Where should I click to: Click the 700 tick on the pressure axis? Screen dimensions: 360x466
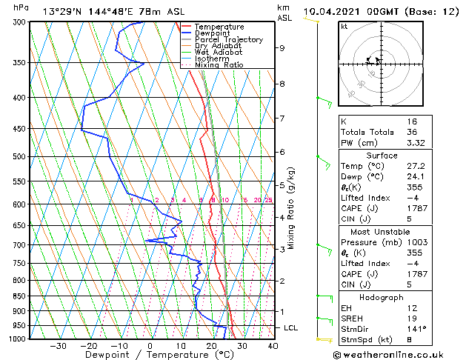pyautogui.click(x=21, y=244)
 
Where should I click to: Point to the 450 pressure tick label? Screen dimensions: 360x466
pyautogui.click(x=21, y=129)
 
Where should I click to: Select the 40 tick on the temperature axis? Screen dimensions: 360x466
pyautogui.click(x=273, y=345)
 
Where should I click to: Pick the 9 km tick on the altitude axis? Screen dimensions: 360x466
pyautogui.click(x=282, y=47)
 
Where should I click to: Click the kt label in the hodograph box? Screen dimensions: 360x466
pyautogui.click(x=344, y=26)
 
